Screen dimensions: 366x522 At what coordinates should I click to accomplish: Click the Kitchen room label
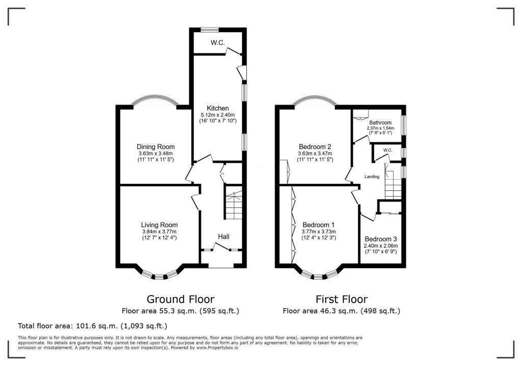218,108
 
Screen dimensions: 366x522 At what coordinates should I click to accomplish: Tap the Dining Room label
155,146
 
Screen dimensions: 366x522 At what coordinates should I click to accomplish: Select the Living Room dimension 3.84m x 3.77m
159,232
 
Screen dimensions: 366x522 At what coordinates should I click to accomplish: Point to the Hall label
223,237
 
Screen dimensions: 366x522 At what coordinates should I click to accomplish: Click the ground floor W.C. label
218,43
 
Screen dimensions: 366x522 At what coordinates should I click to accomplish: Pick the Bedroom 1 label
319,225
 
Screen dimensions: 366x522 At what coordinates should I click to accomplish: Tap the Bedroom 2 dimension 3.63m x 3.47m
315,153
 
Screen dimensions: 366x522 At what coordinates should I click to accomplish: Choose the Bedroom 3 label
380,239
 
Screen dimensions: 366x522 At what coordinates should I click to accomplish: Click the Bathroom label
380,123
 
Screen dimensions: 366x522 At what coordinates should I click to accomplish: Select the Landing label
372,177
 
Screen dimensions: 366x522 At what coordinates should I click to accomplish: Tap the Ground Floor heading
180,299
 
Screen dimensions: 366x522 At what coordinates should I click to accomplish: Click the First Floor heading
342,299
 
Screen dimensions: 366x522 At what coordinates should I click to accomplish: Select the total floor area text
92,326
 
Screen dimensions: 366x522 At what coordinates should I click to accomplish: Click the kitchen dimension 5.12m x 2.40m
218,115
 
